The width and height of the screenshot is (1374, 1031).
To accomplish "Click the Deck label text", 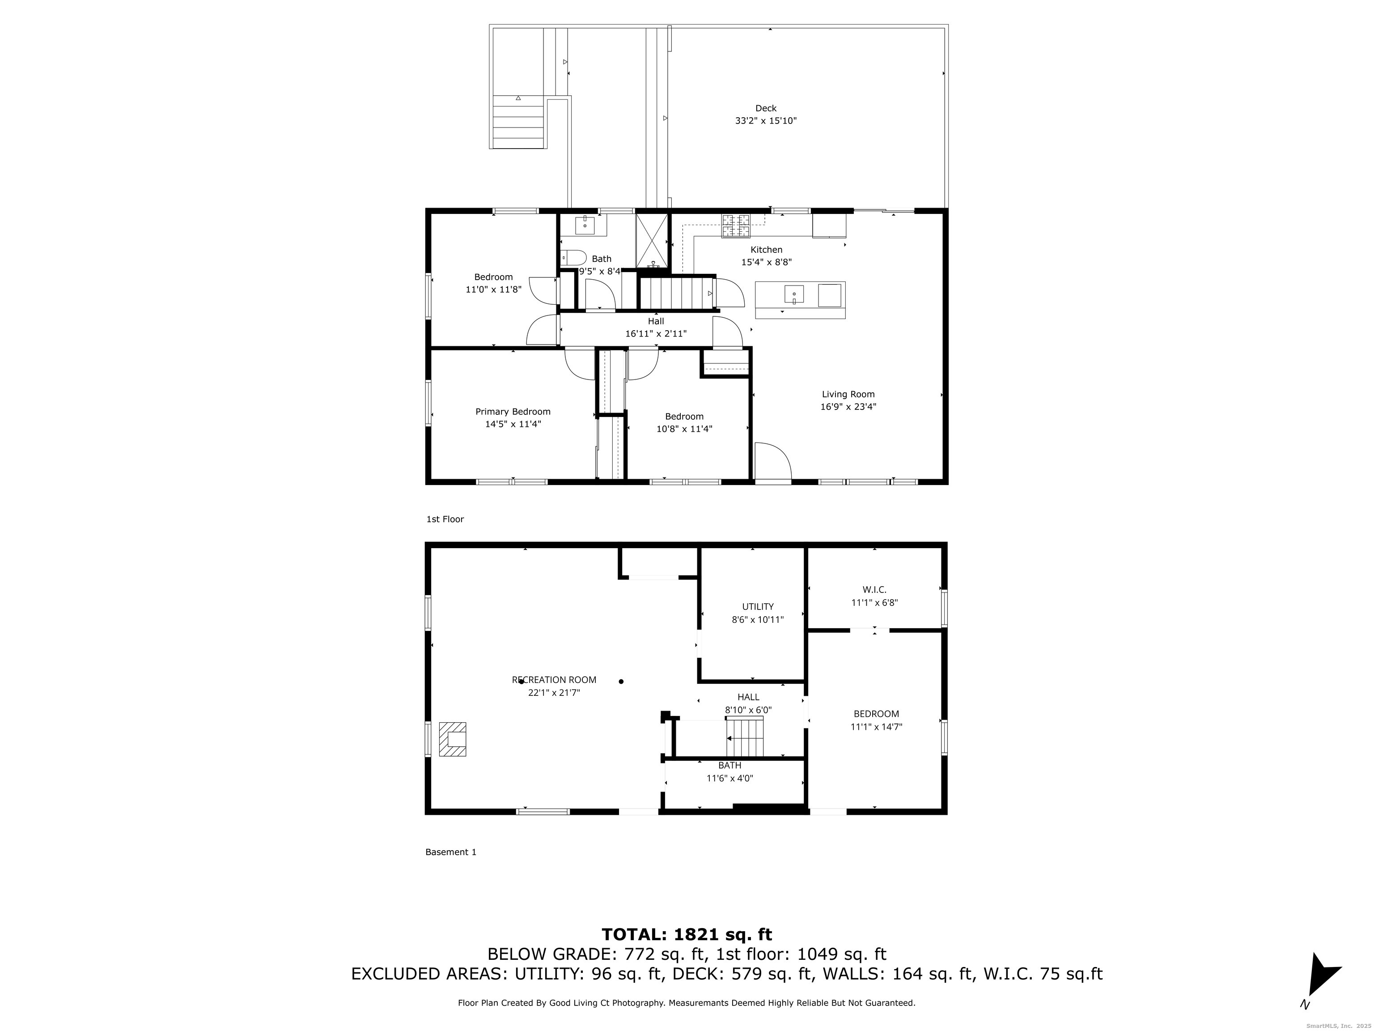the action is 765,108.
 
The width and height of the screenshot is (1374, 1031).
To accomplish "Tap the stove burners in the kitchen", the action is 735,226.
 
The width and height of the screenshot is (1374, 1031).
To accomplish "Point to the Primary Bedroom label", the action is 513,411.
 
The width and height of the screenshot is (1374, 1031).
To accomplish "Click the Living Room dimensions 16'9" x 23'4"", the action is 848,406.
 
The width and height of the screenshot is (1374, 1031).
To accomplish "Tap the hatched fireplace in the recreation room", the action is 452,738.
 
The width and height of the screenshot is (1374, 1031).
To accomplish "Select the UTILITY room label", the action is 758,606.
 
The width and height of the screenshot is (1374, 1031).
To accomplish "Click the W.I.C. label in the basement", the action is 874,589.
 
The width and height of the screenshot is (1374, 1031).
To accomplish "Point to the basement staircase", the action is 744,737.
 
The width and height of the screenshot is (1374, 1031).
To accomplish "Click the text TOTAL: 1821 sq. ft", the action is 687,933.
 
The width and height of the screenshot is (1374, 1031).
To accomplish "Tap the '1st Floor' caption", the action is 445,519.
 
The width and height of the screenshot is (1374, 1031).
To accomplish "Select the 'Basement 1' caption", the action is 450,852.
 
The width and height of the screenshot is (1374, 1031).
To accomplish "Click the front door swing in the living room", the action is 773,460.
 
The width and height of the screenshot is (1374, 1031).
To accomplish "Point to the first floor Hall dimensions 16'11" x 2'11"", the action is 656,334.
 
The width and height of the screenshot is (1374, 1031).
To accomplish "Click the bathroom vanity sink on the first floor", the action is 585,224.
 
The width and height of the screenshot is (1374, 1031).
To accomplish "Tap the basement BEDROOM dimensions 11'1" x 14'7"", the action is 876,726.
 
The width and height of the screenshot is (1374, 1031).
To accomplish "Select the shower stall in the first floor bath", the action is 652,241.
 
